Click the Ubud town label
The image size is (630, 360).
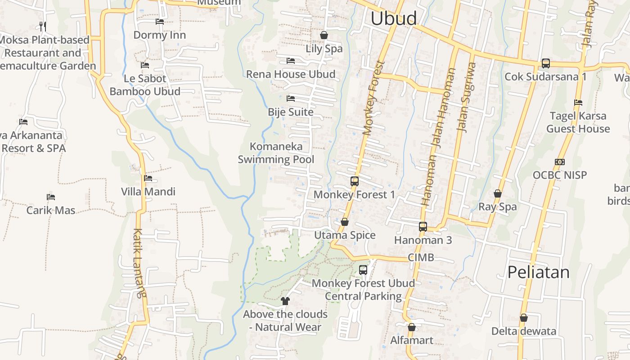tap(394, 18)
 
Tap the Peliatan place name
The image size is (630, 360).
tap(538, 272)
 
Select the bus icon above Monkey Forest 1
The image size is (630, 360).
tap(355, 181)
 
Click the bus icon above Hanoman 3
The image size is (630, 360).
tap(423, 227)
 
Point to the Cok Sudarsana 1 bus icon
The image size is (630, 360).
tap(546, 63)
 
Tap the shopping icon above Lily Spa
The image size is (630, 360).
tap(324, 35)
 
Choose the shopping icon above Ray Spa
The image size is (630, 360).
tap(498, 193)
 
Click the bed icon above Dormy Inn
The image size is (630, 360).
tap(159, 22)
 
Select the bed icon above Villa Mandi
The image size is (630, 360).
tap(148, 178)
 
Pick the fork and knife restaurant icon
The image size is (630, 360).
tap(43, 27)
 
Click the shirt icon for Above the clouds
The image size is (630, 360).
tap(285, 301)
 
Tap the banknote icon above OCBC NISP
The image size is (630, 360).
tap(560, 162)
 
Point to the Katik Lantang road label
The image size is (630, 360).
tap(139, 263)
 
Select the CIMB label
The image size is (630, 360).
tap(421, 257)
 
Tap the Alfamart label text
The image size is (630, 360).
tap(412, 340)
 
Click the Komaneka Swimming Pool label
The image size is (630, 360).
tap(276, 153)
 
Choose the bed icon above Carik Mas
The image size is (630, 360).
tap(51, 197)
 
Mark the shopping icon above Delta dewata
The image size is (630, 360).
tap(524, 318)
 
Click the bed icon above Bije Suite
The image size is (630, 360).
tap(291, 99)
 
